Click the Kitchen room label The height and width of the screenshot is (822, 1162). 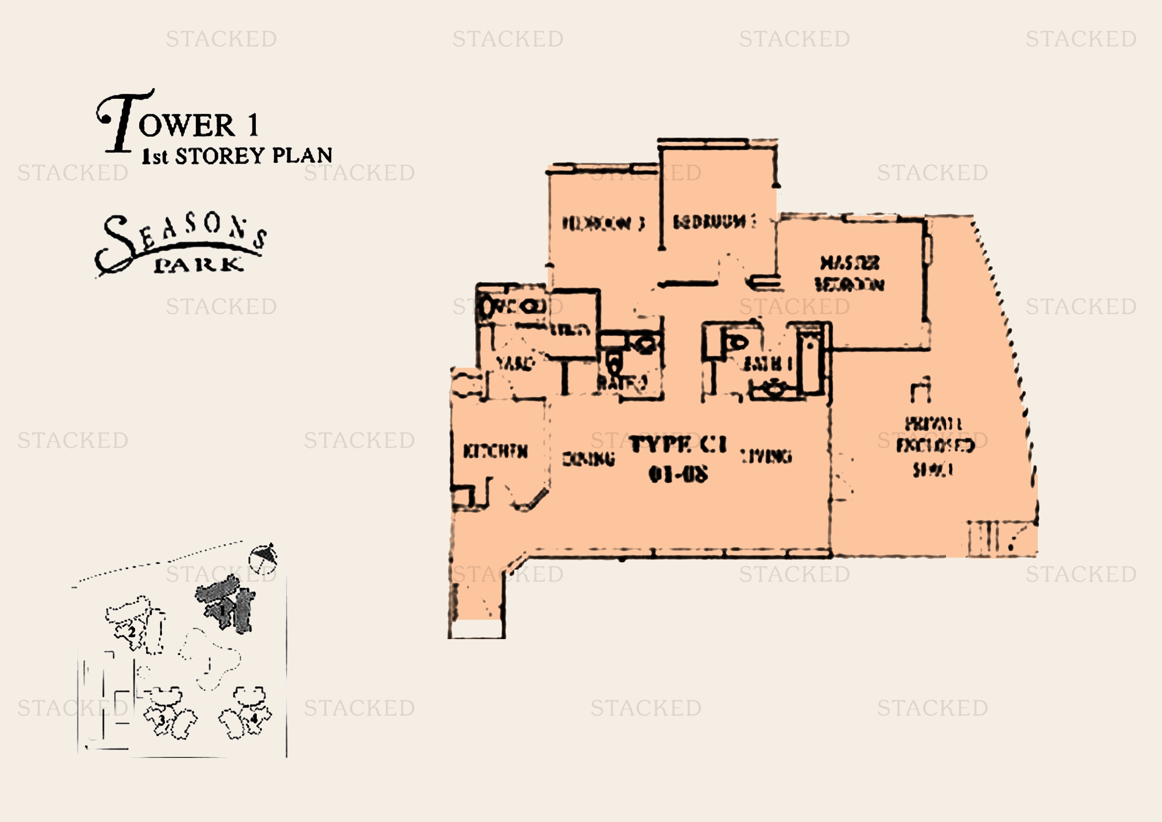tap(495, 451)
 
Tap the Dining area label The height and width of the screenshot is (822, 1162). tap(589, 459)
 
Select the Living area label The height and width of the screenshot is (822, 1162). tap(766, 456)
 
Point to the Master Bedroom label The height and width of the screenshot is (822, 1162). tap(850, 273)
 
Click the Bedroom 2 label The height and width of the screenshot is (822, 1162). tap(714, 222)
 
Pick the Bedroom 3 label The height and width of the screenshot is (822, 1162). tap(603, 223)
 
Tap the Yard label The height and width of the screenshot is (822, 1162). tap(515, 363)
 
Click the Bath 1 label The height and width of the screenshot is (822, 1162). tap(767, 363)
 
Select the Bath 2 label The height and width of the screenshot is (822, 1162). tap(622, 382)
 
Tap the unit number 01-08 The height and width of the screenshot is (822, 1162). tap(678, 474)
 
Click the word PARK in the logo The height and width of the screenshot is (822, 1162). tap(198, 265)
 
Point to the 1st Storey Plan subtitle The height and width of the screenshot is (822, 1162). tap(237, 156)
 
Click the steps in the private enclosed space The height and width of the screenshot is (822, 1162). tap(983, 538)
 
